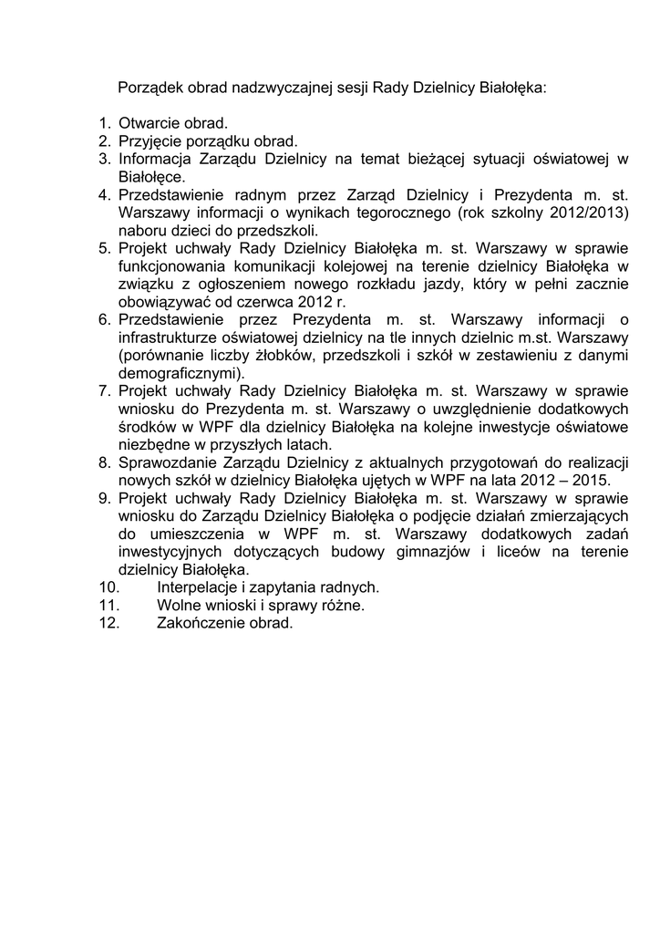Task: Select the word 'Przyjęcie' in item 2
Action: click(x=149, y=141)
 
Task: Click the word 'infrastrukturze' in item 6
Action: click(x=166, y=337)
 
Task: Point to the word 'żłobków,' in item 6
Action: click(x=313, y=355)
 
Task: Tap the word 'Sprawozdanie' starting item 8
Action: click(x=164, y=462)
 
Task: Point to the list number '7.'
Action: click(x=104, y=390)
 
